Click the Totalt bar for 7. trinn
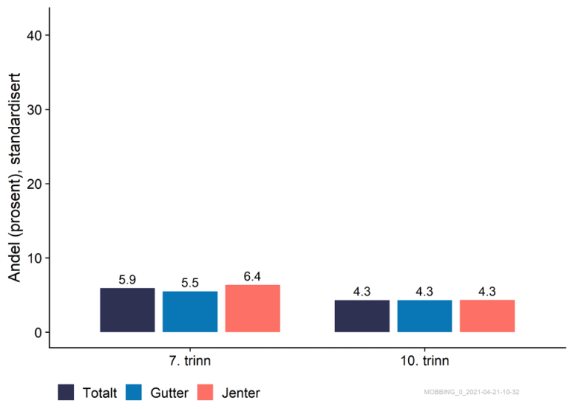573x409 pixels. pos(128,310)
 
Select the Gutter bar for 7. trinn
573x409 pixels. pos(190,312)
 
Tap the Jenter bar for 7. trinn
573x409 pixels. pos(252,309)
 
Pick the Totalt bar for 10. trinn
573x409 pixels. pos(362,316)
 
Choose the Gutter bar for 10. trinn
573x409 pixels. pos(425,316)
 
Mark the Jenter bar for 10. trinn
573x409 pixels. pos(487,316)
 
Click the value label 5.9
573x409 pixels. pos(128,281)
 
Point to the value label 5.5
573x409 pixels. pos(190,284)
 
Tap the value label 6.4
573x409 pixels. pos(252,277)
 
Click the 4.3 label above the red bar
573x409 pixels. pos(487,292)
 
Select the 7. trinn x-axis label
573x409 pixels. pos(190,361)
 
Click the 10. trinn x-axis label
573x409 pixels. pos(425,361)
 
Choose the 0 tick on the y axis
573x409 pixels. pos(37,332)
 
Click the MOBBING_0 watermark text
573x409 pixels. pos(482,392)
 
